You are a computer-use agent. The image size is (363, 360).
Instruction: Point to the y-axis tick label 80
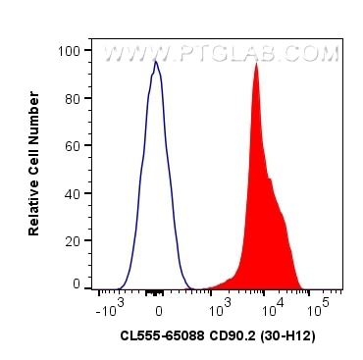pos(72,97)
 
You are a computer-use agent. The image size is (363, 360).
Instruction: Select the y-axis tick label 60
pos(72,145)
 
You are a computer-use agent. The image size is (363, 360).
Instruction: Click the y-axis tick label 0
pos(76,283)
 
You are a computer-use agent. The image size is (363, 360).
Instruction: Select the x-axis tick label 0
pos(158,309)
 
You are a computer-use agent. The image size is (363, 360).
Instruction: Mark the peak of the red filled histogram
pos(256,65)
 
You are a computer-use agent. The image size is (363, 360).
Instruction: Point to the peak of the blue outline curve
pos(155,63)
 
